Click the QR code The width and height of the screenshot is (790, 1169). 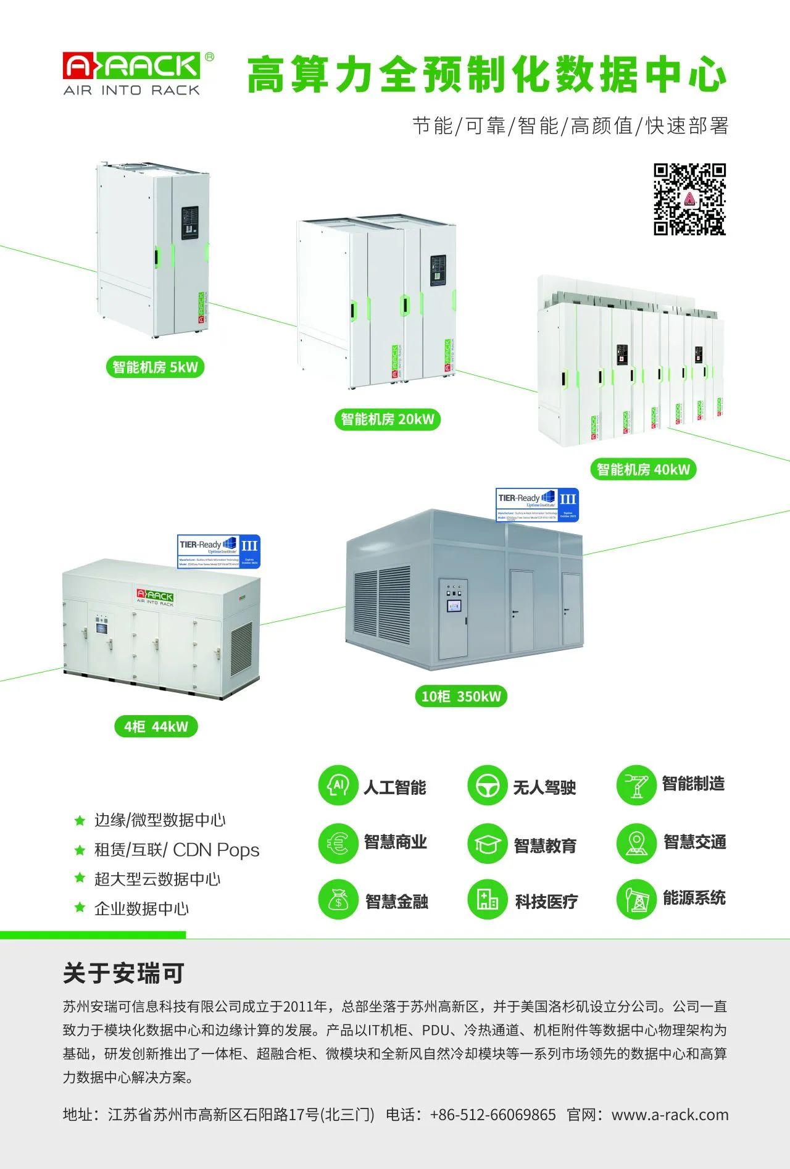[689, 199]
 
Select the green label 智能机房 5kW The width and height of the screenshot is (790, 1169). [155, 367]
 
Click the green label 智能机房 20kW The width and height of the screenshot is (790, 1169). [388, 419]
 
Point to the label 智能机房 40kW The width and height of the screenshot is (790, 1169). [643, 469]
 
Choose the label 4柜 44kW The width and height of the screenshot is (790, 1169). [156, 726]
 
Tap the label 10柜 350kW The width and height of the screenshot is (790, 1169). [461, 697]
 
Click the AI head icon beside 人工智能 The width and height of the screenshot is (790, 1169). [338, 786]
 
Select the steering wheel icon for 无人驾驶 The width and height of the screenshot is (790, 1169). [487, 786]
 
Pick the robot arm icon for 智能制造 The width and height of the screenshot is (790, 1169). [636, 786]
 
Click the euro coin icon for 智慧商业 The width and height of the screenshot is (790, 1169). [338, 843]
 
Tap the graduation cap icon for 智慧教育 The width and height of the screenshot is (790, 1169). [487, 844]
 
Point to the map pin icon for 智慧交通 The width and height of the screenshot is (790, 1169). [636, 843]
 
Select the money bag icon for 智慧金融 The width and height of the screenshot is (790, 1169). [338, 900]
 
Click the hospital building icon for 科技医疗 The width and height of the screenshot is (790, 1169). [487, 900]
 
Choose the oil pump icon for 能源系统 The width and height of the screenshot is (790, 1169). [636, 900]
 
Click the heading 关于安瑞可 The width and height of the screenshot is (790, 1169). [123, 974]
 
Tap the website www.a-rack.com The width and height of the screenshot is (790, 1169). [670, 1115]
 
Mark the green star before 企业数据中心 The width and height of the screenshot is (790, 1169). [80, 907]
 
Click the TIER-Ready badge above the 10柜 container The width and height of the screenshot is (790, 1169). [538, 505]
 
